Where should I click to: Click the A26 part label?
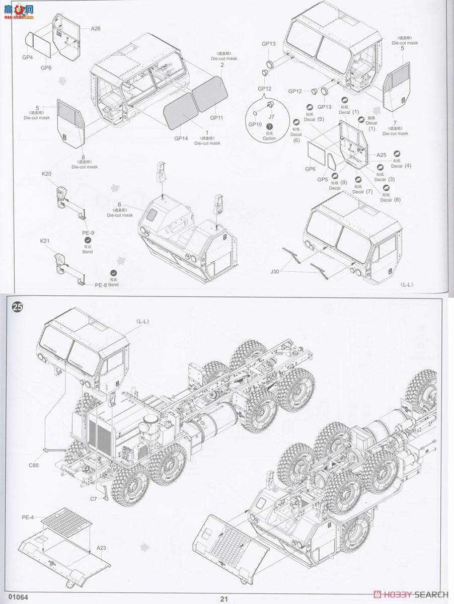96,29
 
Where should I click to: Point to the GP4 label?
27,57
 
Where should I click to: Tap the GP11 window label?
217,118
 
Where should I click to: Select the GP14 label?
181,138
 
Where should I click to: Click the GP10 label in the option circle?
255,124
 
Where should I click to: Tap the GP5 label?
323,179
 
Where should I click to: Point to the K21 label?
47,241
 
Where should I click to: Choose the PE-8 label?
101,285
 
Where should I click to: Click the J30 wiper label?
274,272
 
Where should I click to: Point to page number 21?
224,598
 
